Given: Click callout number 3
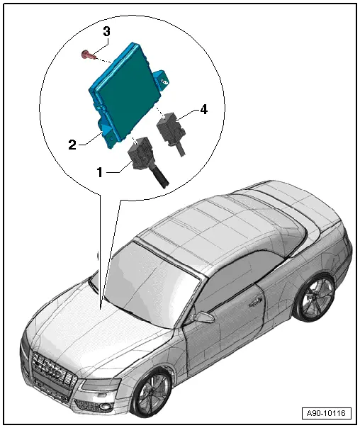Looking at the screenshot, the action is [x=107, y=32].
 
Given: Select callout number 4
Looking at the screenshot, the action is [x=203, y=109].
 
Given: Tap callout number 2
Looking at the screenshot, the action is [x=72, y=145].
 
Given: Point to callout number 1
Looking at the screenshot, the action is [x=100, y=172].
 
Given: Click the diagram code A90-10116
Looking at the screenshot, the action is [x=326, y=412].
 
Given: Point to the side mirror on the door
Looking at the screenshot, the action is [x=203, y=317].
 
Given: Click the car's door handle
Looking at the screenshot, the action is [x=256, y=300].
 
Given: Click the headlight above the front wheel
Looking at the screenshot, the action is [x=101, y=384].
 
